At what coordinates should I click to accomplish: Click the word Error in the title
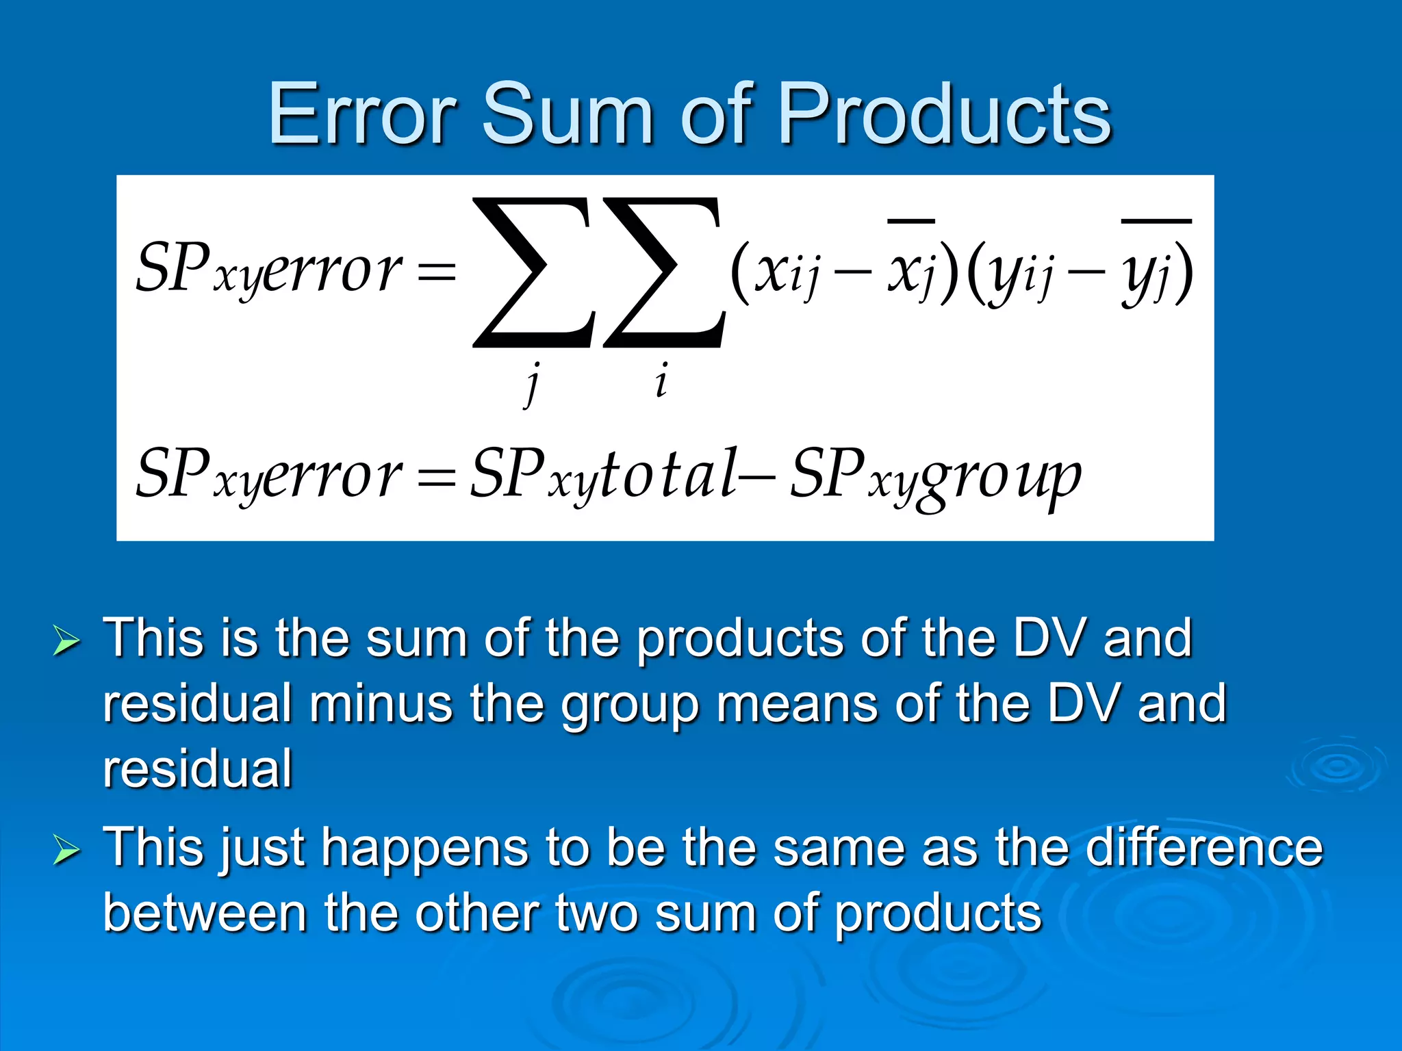pyautogui.click(x=363, y=114)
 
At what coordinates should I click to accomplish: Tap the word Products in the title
pyautogui.click(x=945, y=114)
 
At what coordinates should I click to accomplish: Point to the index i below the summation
pyautogui.click(x=661, y=380)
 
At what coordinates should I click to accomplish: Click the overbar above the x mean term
pyautogui.click(x=911, y=221)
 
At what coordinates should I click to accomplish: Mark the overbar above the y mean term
pyautogui.click(x=1156, y=221)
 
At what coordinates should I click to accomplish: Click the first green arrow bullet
pyautogui.click(x=66, y=642)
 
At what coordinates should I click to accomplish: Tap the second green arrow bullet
pyautogui.click(x=66, y=851)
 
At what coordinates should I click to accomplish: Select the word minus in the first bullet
pyautogui.click(x=381, y=703)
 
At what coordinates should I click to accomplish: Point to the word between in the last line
pyautogui.click(x=205, y=913)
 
